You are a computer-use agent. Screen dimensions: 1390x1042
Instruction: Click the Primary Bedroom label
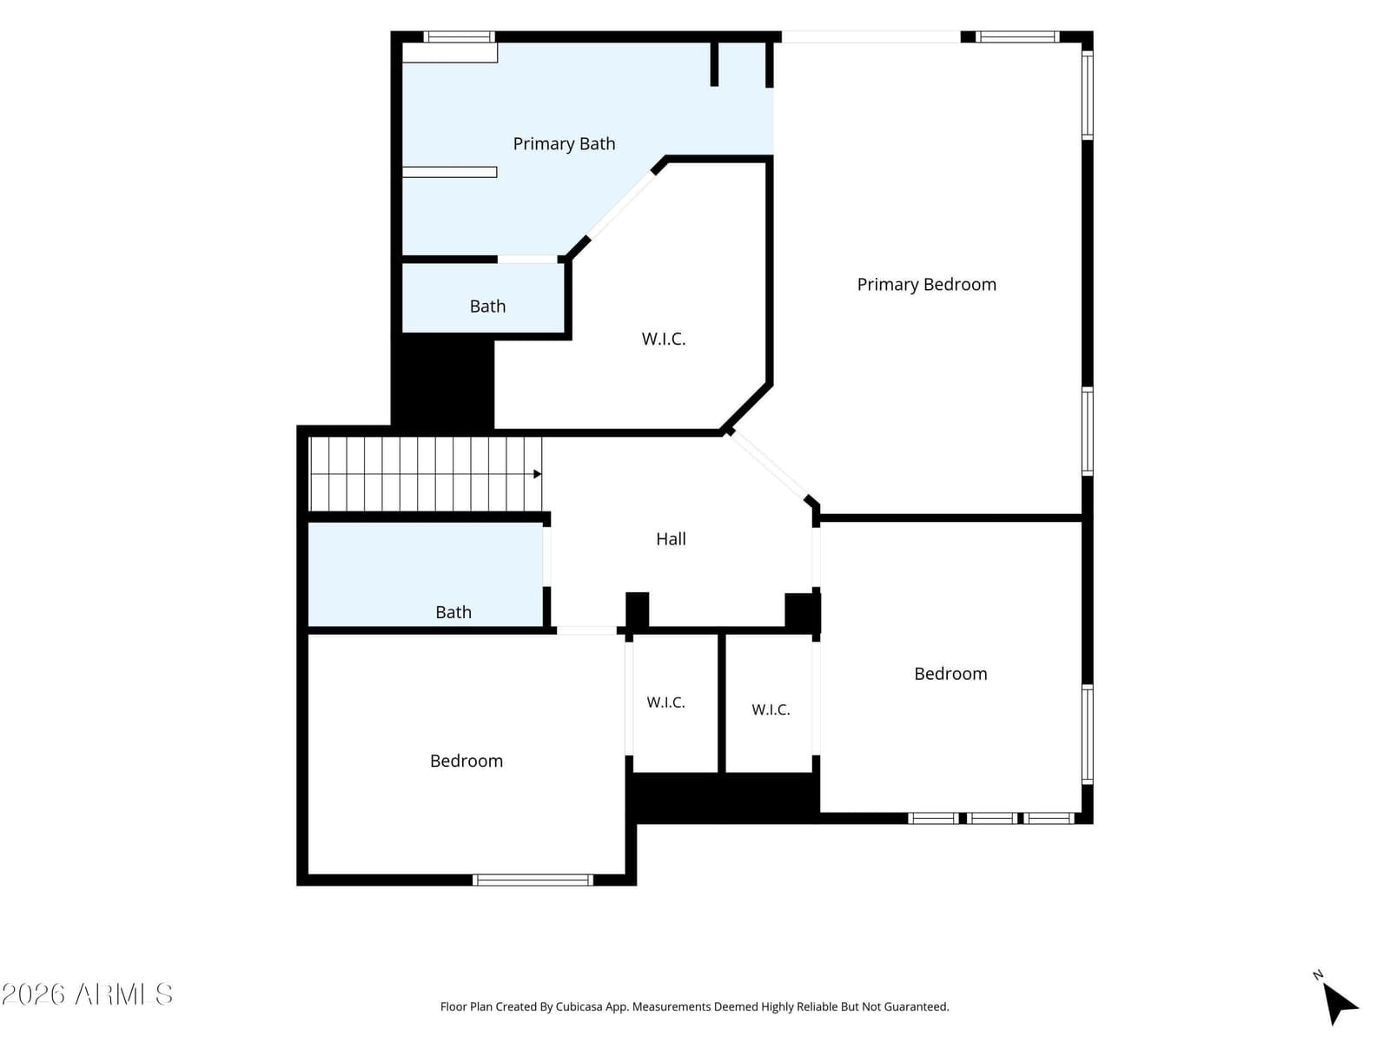point(926,285)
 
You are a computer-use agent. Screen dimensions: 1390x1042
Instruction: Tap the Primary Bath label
point(564,144)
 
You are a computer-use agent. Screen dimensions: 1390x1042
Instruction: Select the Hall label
point(671,539)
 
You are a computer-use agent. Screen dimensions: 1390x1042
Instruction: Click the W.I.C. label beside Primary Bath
point(663,340)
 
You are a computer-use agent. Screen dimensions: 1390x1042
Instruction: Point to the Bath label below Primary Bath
point(487,307)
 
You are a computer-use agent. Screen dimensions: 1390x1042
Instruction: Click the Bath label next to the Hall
point(453,612)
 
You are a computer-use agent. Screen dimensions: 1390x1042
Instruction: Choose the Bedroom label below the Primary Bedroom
point(950,674)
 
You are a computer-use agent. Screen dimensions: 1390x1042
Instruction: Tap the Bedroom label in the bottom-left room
point(466,761)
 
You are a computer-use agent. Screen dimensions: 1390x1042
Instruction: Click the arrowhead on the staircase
point(537,474)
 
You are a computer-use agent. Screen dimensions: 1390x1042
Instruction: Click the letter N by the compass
point(1318,975)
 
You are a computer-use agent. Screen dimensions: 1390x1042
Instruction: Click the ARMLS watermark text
point(87,994)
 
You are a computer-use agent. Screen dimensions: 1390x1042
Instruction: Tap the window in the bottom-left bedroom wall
point(533,880)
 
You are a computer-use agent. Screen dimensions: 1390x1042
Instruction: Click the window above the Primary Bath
point(459,36)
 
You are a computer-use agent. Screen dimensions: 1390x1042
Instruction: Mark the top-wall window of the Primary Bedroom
point(1017,36)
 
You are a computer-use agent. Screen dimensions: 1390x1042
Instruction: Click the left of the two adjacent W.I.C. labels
point(665,702)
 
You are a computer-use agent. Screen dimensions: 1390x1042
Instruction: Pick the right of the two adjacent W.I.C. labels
point(771,709)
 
